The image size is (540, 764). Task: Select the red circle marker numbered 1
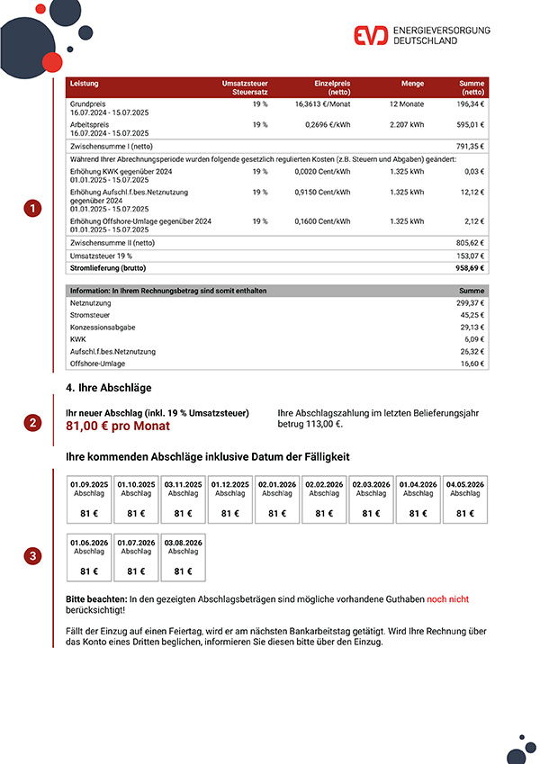(32, 209)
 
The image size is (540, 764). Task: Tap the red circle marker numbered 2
(32, 422)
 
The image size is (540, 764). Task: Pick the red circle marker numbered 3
(32, 557)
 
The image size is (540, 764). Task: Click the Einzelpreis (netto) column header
(332, 87)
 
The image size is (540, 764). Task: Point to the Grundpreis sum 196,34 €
(470, 103)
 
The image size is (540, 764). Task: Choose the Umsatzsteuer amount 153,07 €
(470, 256)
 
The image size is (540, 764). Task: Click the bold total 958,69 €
(469, 267)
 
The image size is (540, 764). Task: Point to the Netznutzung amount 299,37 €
(470, 303)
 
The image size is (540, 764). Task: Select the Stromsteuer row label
(88, 315)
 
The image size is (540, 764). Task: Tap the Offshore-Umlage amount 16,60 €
(471, 363)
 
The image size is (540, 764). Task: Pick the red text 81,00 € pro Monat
(117, 426)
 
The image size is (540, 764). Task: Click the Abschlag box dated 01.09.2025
(89, 499)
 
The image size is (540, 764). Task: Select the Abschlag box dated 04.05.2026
(464, 499)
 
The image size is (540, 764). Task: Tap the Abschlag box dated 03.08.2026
(183, 557)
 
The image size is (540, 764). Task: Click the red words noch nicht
(447, 598)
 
